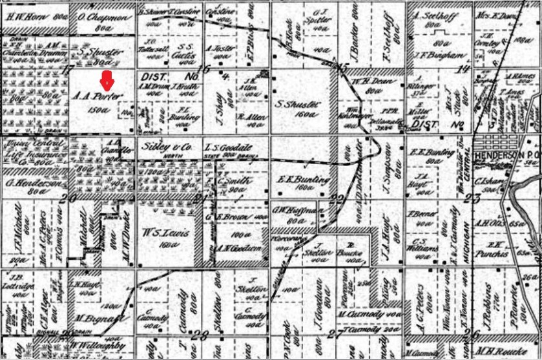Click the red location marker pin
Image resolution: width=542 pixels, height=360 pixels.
107,81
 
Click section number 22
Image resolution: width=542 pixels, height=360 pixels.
337,198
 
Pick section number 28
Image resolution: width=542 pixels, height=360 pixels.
199,334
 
